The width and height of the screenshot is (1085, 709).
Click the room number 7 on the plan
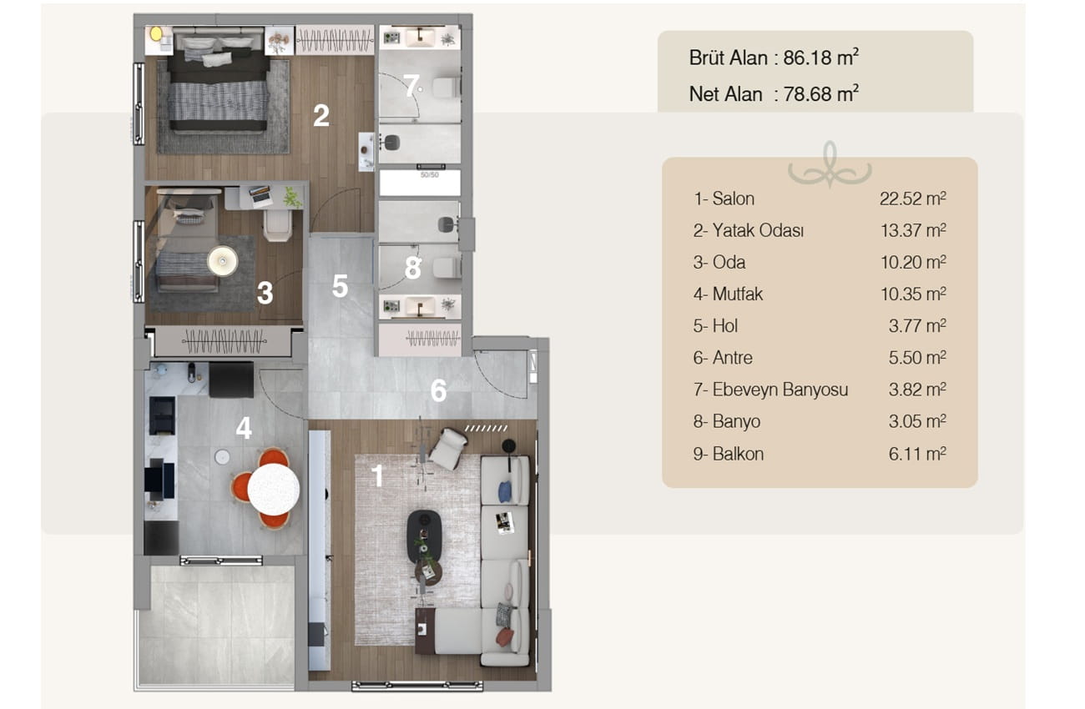click(411, 85)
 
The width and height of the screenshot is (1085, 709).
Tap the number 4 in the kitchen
click(244, 428)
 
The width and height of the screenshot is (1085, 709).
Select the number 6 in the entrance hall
click(438, 390)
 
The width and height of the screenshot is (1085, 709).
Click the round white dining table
click(273, 490)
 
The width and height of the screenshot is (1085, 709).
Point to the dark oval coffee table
click(424, 536)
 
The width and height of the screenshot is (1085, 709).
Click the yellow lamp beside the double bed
click(156, 33)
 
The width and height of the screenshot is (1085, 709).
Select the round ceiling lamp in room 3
click(222, 261)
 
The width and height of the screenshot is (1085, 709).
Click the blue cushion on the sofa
click(505, 491)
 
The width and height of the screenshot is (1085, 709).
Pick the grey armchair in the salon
click(448, 449)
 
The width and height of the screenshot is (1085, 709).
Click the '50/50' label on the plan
click(429, 174)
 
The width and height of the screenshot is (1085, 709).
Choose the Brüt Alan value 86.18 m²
click(821, 58)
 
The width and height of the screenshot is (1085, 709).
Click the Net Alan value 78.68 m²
click(821, 94)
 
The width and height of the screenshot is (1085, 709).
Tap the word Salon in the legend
click(734, 199)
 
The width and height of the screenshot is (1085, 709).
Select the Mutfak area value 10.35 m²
click(913, 294)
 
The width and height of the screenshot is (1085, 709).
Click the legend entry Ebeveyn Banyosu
click(780, 390)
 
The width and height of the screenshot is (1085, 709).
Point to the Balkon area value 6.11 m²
click(917, 454)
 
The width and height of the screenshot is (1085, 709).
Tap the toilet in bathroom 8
click(446, 268)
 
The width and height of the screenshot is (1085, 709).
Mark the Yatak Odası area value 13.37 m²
click(913, 230)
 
